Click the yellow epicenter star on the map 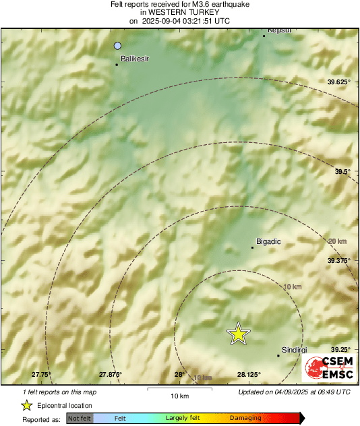238,334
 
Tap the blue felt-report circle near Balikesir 118,46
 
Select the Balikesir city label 134,60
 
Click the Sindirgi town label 294,350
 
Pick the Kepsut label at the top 279,30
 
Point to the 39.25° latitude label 340,349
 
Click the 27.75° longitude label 41,374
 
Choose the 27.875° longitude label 111,374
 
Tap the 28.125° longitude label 249,374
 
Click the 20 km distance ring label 337,241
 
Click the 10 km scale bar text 179,395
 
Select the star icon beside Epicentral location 27,405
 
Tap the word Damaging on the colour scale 245,419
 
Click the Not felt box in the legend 80,419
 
